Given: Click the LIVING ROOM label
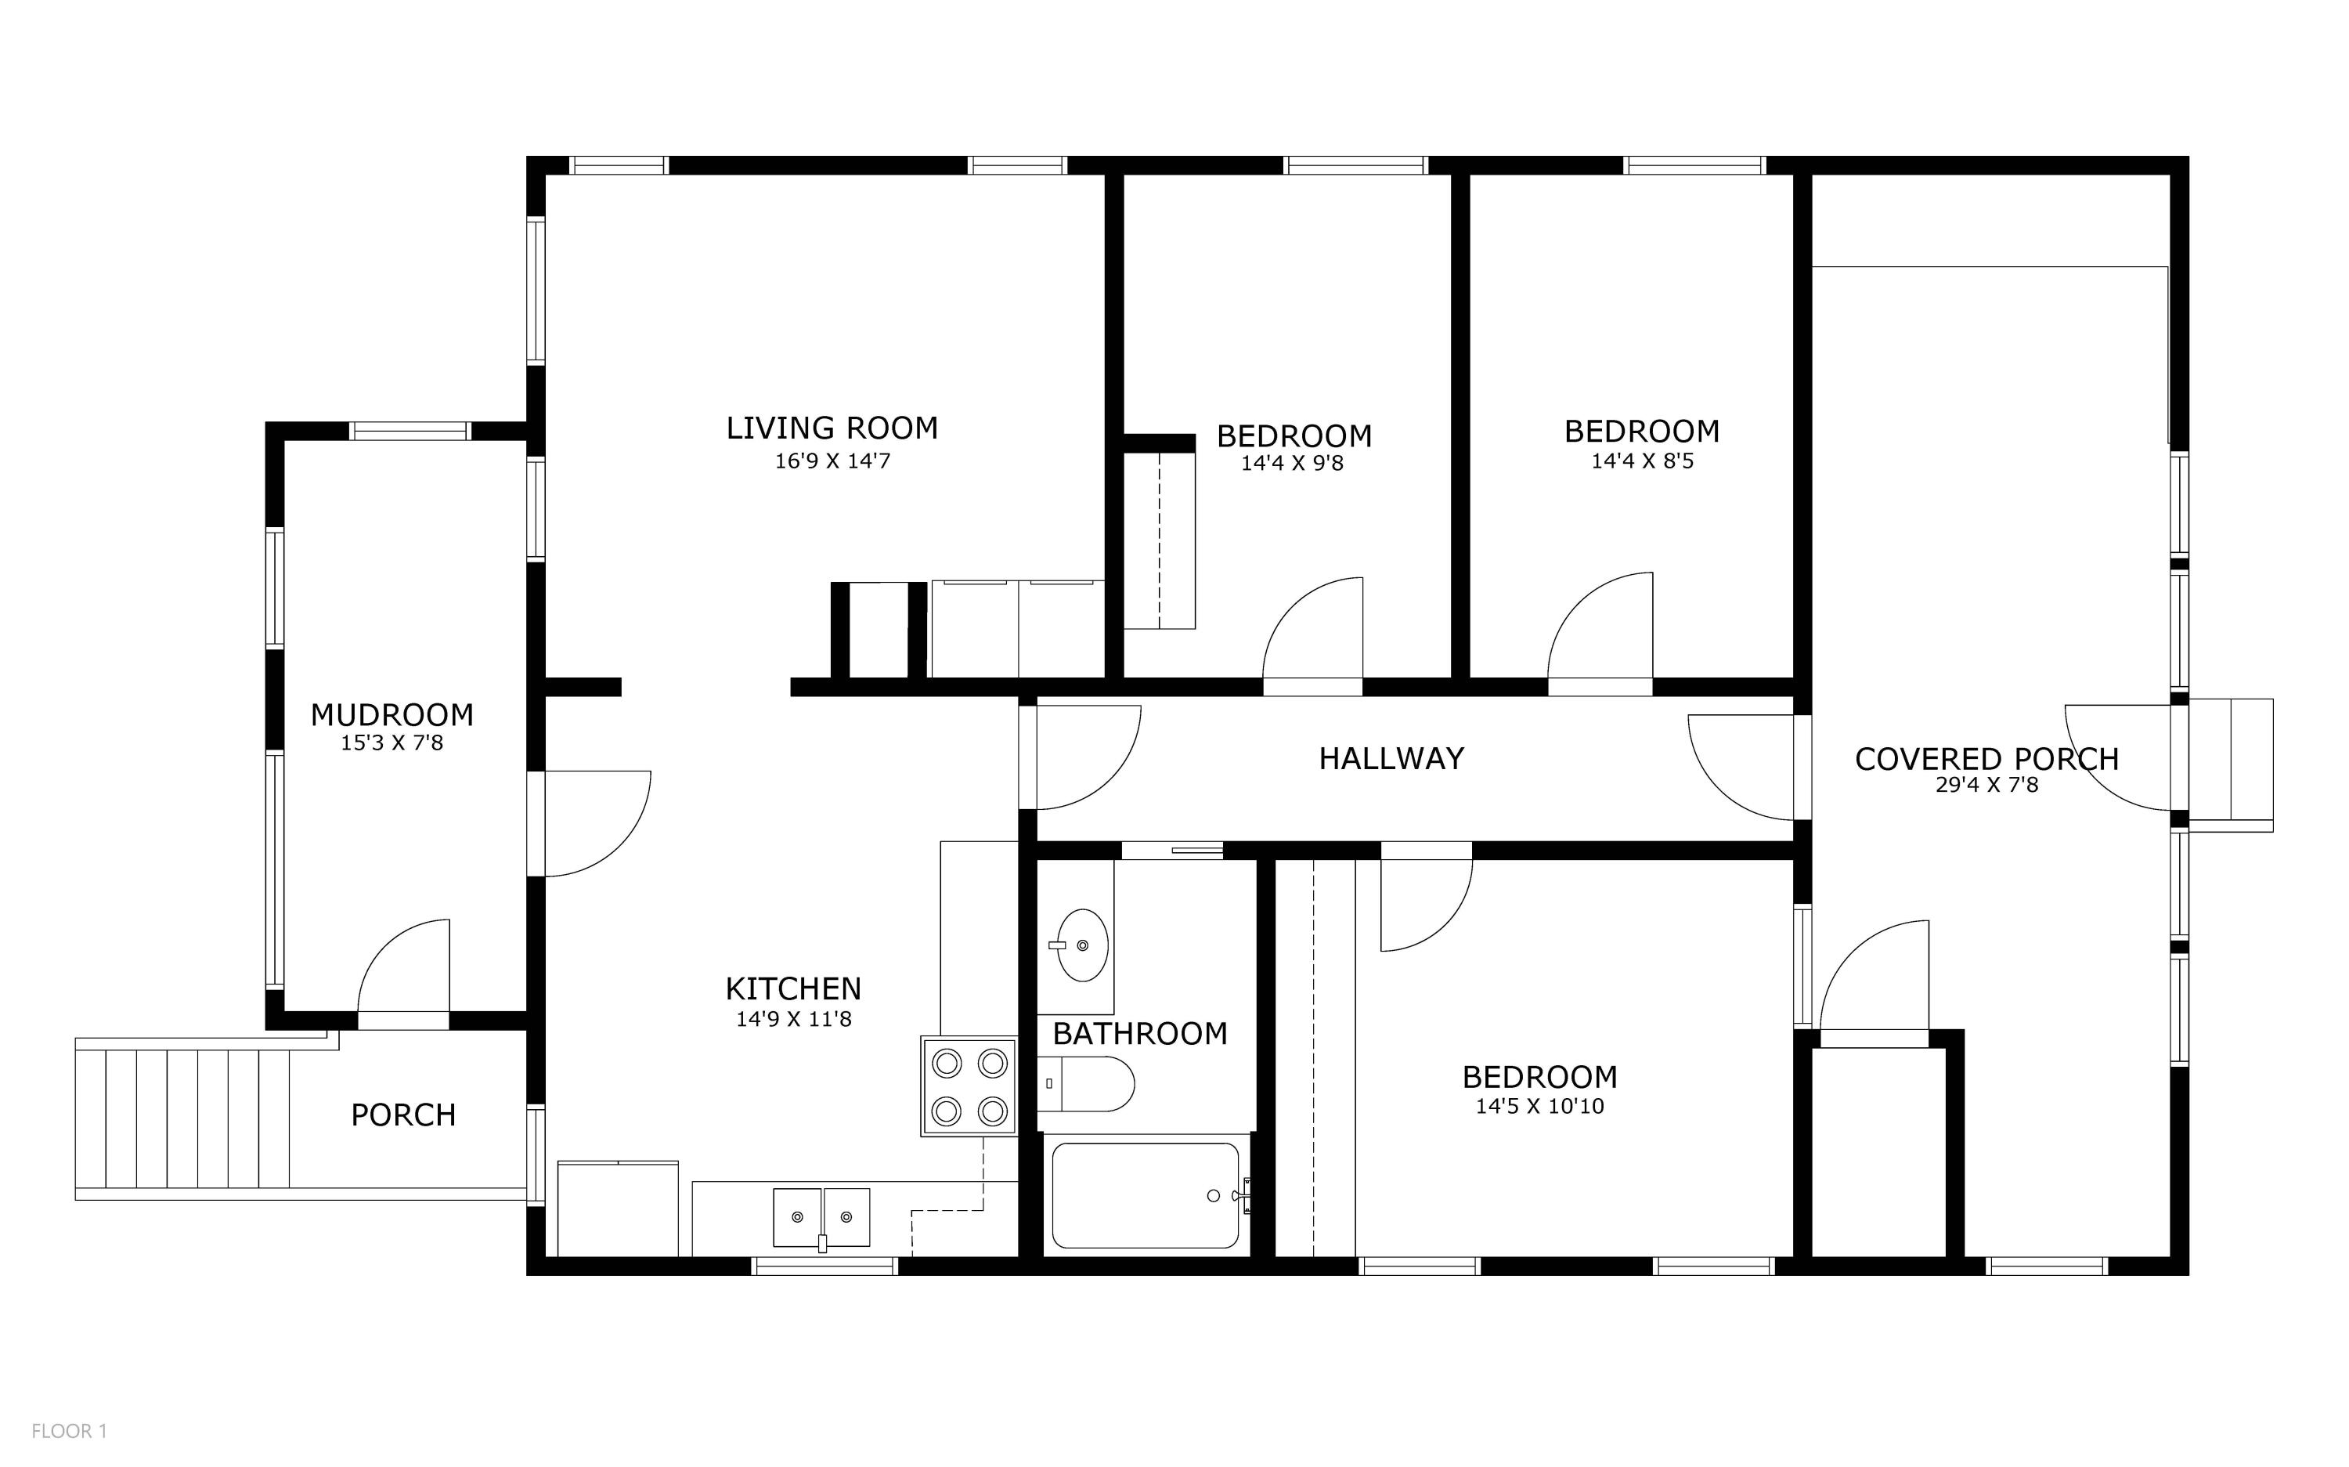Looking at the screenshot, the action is coord(832,428).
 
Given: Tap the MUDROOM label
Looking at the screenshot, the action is coord(391,715).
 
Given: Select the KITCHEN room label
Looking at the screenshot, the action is coord(793,988).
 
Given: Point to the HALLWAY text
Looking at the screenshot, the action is coord(1391,759).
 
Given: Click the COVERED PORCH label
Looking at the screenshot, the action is coord(1986,759).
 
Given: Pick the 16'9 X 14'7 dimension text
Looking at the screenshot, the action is coord(832,461).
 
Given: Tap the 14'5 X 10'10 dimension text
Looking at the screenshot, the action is coord(1539,1106).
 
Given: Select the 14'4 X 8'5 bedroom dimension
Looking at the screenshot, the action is coord(1642,461).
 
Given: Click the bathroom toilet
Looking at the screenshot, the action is coord(1085,1084).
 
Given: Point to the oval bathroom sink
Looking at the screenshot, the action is coord(1081,945).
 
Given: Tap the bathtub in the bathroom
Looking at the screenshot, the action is coord(1146,1195).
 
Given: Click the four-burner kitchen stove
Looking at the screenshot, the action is coord(968,1086).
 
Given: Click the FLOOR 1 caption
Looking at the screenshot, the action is coord(69,1431).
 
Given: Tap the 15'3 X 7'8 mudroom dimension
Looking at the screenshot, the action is coord(391,743).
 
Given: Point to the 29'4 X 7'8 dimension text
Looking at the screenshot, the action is coord(1986,785).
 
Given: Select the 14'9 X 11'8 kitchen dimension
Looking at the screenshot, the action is coord(793,1019).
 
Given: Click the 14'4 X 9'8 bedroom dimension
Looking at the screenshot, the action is coord(1292,463).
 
